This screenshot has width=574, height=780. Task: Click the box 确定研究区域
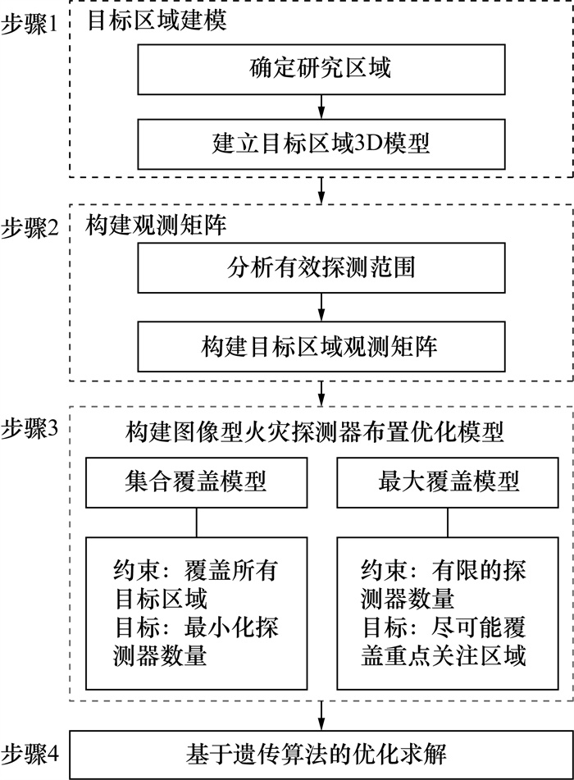click(320, 68)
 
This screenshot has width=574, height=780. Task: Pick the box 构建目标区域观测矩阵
click(320, 344)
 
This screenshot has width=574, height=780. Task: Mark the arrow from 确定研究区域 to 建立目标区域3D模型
click(320, 104)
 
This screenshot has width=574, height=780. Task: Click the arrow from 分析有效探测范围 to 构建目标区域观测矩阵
click(320, 308)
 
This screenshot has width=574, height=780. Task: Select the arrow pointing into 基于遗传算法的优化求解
click(320, 714)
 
